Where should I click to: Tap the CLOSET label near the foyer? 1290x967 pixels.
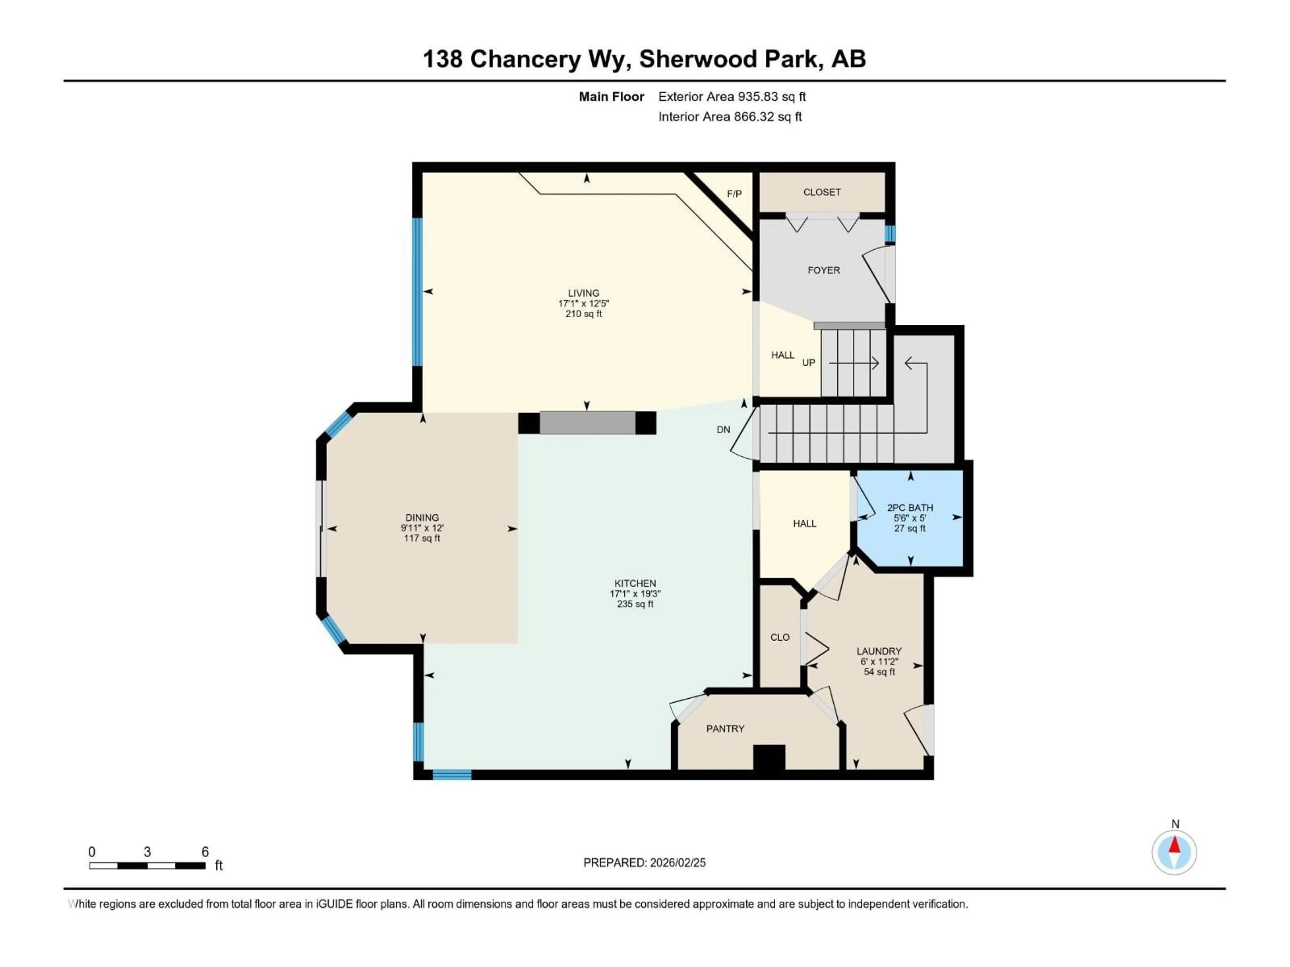tap(822, 192)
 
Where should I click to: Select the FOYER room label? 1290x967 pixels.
tap(823, 270)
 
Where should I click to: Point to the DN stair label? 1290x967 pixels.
tap(723, 429)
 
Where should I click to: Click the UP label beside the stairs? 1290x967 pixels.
tap(808, 363)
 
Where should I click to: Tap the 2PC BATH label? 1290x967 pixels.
tap(910, 508)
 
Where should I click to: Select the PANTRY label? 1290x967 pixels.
tap(725, 729)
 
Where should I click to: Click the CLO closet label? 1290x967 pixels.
tap(780, 638)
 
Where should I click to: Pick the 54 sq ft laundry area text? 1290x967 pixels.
tap(879, 672)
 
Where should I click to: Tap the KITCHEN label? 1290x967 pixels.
tap(635, 584)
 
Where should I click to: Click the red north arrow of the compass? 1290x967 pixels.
tap(1174, 845)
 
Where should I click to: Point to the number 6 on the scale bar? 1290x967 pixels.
tap(205, 852)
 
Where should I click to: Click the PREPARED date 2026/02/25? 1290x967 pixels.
tap(676, 863)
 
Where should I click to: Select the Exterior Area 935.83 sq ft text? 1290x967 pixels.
tap(732, 97)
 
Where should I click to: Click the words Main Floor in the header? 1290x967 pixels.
tap(611, 97)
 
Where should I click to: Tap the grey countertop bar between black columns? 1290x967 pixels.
tap(587, 423)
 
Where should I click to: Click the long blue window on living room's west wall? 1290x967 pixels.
tap(417, 291)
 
